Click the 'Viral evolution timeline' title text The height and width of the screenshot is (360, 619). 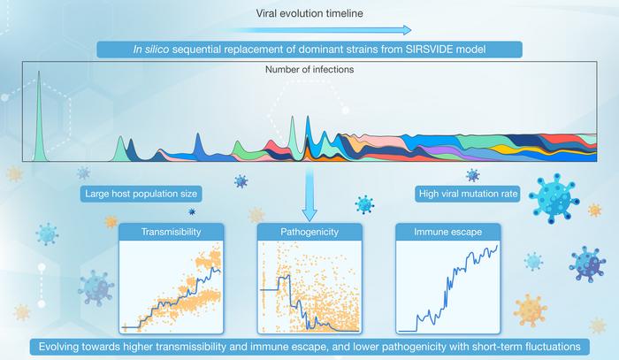tap(309, 12)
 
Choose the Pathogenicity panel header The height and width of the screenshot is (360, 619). tap(308, 233)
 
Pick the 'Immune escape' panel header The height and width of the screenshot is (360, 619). tap(447, 233)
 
